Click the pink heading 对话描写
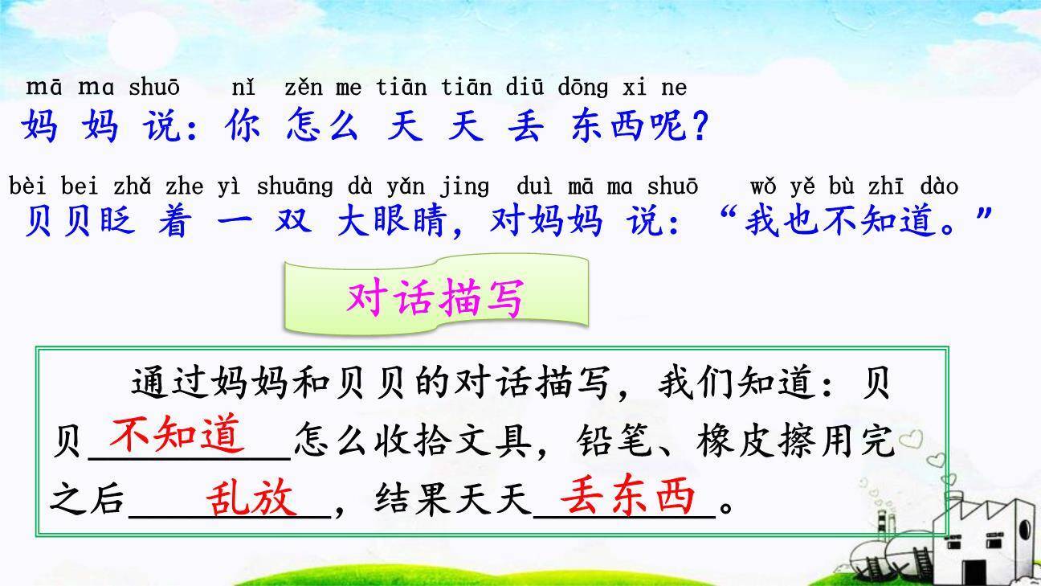pyautogui.click(x=435, y=298)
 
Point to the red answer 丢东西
pyautogui.click(x=627, y=497)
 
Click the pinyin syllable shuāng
pyautogui.click(x=295, y=187)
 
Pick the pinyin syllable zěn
pyautogui.click(x=303, y=87)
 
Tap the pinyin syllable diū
pyautogui.click(x=525, y=87)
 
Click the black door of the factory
pyautogui.click(x=974, y=572)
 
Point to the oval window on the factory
pyautogui.click(x=1023, y=531)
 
